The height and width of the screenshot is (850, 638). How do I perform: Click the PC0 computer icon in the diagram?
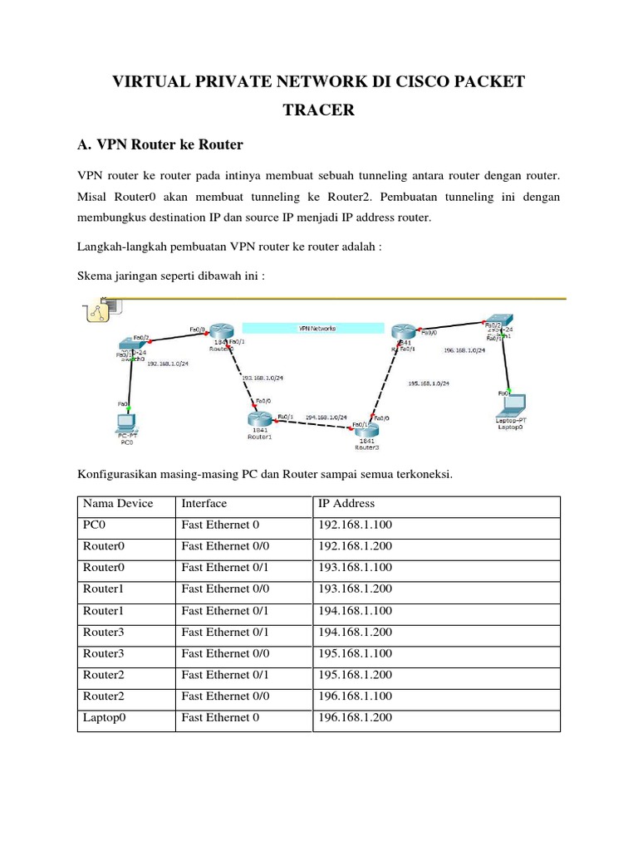click(x=126, y=421)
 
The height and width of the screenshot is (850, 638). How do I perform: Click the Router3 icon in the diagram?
click(x=366, y=430)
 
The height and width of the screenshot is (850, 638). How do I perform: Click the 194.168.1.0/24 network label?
click(x=326, y=417)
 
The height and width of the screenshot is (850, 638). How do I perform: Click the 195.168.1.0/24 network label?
click(x=429, y=383)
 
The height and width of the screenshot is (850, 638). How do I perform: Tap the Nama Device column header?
click(x=117, y=503)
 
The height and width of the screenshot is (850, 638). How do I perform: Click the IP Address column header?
click(x=346, y=503)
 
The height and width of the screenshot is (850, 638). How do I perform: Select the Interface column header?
click(x=204, y=503)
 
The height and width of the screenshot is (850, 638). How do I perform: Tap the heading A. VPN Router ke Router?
click(x=159, y=144)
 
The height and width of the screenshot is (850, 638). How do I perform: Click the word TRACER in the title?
click(x=319, y=110)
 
